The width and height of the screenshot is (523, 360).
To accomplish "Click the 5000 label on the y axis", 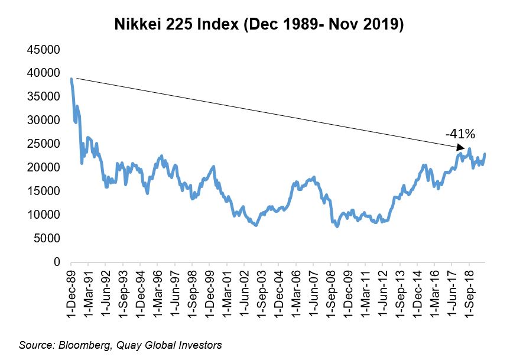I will coord(47,238).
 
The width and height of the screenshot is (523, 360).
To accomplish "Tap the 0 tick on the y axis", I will coord(57,262).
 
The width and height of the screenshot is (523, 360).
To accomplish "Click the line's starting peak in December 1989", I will coord(71,79).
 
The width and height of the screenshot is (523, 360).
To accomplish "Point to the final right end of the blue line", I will coord(485,154).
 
